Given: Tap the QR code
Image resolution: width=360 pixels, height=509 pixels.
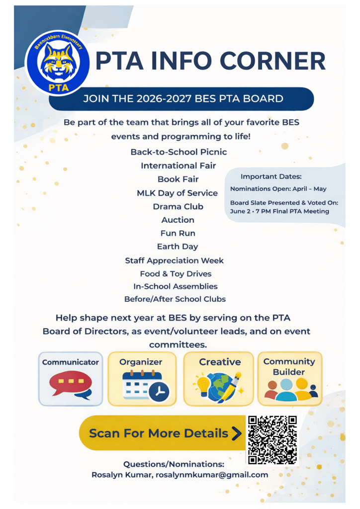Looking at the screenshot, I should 272,440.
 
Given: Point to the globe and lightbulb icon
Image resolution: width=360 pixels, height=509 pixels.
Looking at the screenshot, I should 219,387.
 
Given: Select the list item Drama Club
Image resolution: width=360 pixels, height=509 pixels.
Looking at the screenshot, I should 178,206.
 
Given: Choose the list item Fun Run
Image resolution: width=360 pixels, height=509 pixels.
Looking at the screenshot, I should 178,233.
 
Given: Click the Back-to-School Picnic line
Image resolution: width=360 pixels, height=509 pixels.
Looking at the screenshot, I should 179,152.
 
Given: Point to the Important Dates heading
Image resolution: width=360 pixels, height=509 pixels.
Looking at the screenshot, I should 271,176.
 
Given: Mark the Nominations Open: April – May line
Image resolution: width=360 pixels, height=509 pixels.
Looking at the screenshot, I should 278,189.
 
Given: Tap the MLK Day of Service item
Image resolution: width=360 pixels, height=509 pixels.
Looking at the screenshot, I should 177,193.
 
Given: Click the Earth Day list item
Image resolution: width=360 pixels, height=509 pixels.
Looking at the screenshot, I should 178,247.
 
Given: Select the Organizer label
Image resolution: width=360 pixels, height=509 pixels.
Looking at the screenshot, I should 141,362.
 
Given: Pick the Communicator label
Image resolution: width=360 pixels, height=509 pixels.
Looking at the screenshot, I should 71,362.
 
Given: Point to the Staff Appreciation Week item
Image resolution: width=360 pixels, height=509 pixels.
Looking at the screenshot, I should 175,260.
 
